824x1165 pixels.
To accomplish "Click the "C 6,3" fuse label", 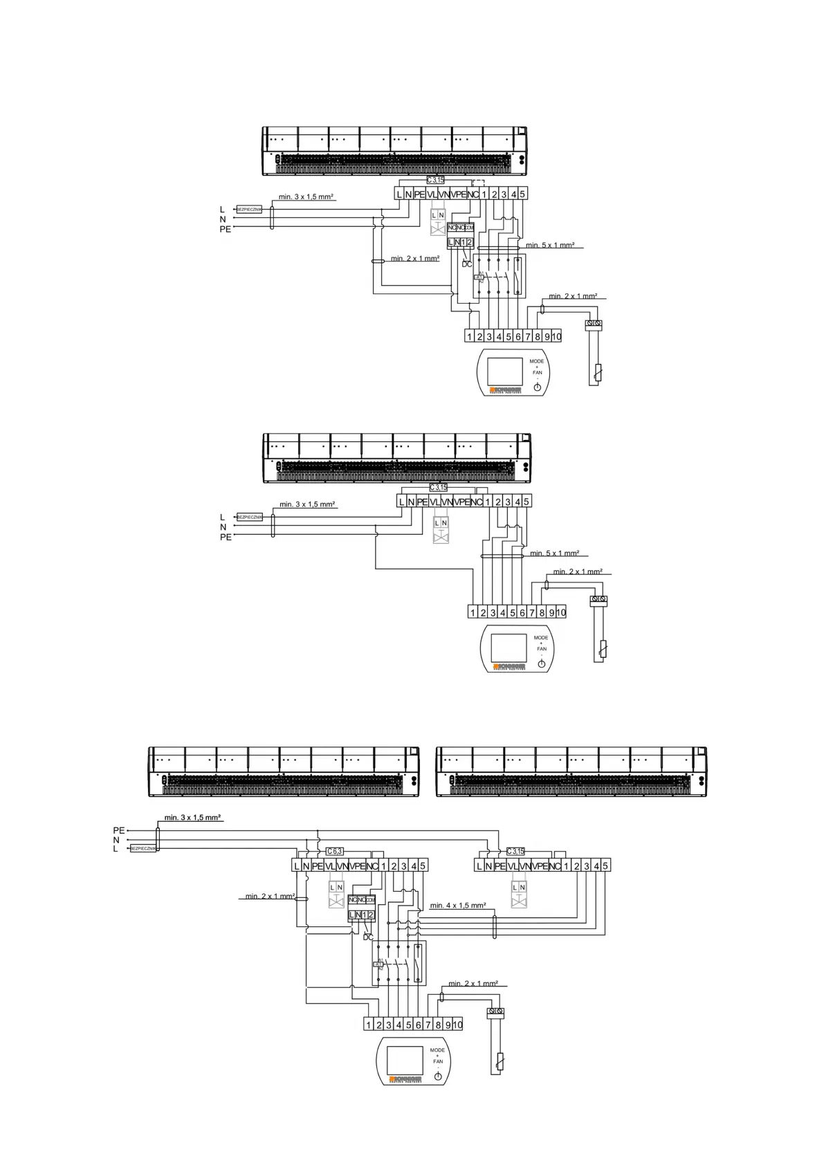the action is [333, 851].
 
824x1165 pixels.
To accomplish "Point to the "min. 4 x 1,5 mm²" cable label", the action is [457, 905].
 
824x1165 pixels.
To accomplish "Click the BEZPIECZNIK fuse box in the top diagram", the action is [249, 209].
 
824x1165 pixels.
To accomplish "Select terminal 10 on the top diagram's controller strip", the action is [556, 337].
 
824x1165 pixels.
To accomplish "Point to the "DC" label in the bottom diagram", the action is [367, 937].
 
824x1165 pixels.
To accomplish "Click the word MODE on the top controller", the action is [537, 361].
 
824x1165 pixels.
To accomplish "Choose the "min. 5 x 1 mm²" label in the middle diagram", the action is [554, 553].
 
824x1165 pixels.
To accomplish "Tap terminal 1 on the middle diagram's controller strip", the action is [473, 613].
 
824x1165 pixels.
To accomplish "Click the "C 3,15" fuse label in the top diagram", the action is [436, 180].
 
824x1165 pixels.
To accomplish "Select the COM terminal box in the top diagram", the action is [469, 228].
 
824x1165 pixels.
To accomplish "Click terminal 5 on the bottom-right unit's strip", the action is [605, 866].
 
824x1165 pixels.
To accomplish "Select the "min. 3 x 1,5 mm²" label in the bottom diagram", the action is [193, 818].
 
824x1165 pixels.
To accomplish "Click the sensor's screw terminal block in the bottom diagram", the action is [495, 1012].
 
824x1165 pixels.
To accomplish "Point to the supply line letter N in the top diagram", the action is [223, 219].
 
